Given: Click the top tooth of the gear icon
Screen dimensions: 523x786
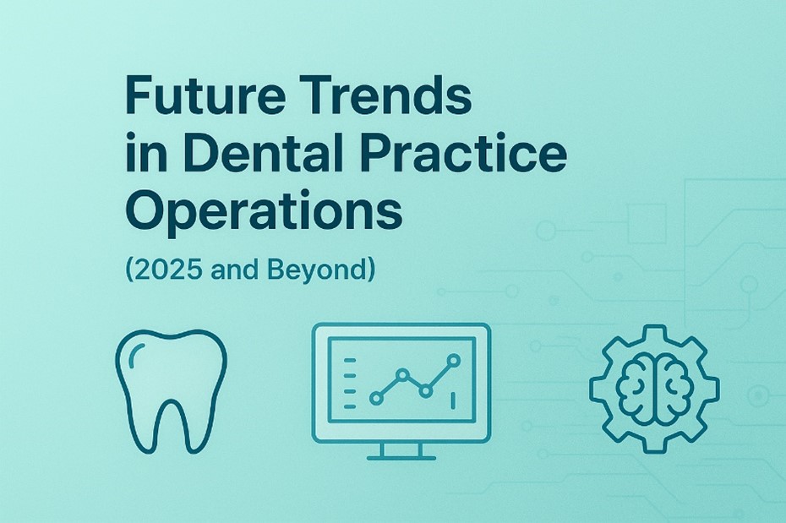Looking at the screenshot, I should [x=654, y=331].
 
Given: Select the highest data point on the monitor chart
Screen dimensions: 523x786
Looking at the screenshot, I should [x=454, y=360].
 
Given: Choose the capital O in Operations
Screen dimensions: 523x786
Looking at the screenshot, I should [x=143, y=212].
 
